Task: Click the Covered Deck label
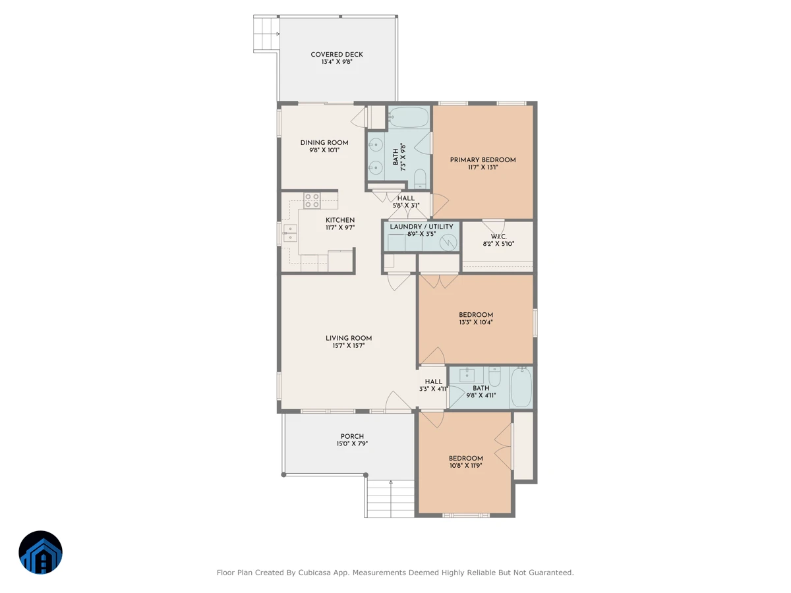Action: (x=337, y=55)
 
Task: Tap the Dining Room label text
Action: (x=324, y=142)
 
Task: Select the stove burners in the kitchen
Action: (x=312, y=201)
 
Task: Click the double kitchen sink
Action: (x=290, y=233)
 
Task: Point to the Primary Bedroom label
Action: (x=483, y=160)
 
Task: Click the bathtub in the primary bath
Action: (x=408, y=117)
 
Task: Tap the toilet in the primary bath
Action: (x=420, y=179)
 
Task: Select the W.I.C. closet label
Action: (x=498, y=237)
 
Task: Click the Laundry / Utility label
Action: (x=421, y=227)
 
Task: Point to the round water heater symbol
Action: (x=448, y=242)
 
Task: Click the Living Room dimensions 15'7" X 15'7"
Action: (x=349, y=346)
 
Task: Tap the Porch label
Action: (x=352, y=436)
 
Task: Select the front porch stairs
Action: (x=390, y=499)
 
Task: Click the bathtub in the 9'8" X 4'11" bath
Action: (x=521, y=387)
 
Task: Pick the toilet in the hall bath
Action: (x=494, y=376)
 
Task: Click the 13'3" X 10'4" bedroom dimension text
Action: (x=476, y=322)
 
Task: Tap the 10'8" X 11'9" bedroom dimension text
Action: (x=465, y=466)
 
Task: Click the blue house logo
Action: (x=40, y=552)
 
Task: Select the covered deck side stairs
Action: (x=266, y=34)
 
